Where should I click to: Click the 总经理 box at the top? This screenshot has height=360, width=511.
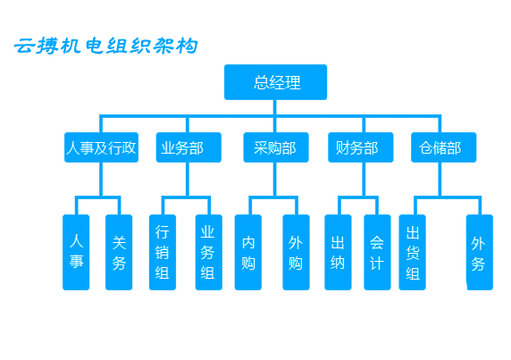275,82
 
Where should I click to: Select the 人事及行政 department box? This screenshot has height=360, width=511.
101,147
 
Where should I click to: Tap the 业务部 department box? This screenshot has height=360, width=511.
188,147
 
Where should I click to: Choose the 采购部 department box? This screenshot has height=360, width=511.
276,147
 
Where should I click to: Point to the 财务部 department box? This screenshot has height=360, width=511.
360,147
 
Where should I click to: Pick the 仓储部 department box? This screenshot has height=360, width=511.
443,147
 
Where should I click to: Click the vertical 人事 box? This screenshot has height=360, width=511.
76,252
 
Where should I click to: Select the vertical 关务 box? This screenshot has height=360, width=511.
119,252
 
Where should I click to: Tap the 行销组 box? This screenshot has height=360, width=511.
163,252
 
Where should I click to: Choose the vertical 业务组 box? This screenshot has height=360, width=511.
208,252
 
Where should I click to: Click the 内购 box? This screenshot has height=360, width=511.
248,252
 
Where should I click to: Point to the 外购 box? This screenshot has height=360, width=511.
296,252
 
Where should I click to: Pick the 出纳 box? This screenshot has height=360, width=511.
338,252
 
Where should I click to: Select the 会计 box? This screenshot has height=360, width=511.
377,252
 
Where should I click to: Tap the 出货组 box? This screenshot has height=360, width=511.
412,252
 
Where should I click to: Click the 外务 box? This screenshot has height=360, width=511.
480,252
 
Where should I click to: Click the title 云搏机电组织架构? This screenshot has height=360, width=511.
106,46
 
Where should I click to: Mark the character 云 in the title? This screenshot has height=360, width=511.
24,46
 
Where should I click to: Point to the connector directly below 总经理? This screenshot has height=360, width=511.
275,107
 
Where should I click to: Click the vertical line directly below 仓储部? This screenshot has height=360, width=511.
440,180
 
